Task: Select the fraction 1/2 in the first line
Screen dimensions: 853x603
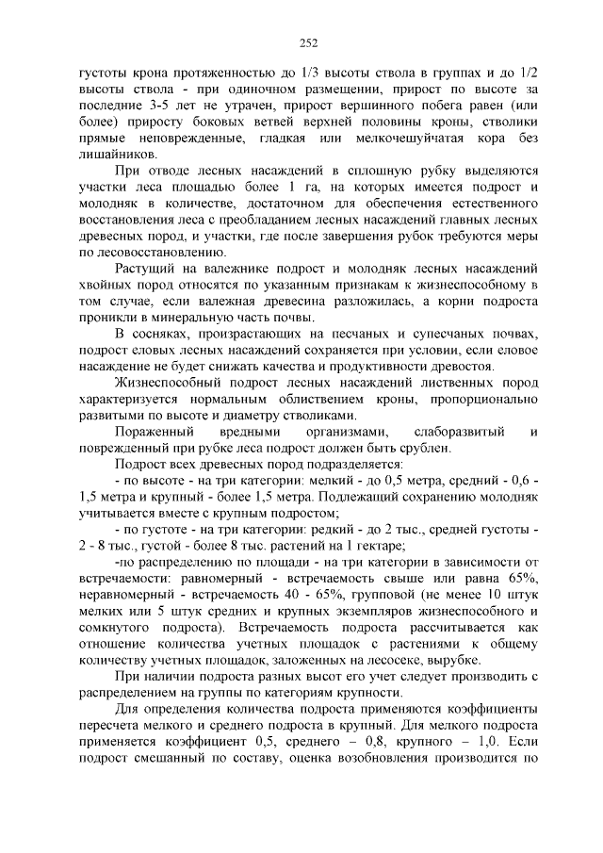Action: (x=528, y=71)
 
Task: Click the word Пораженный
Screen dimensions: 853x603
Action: (x=154, y=433)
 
